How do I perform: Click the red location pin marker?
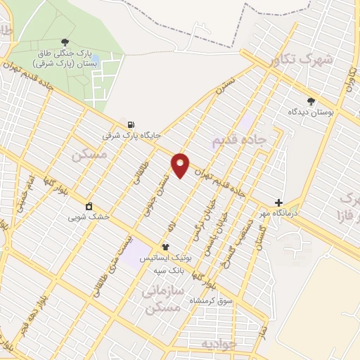point(181,165)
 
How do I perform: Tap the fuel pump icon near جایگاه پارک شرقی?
point(131,124)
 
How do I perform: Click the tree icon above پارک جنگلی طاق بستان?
point(65,43)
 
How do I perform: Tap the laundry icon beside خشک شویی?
point(89,207)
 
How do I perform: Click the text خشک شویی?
point(89,217)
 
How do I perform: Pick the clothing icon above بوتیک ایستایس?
point(165,247)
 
